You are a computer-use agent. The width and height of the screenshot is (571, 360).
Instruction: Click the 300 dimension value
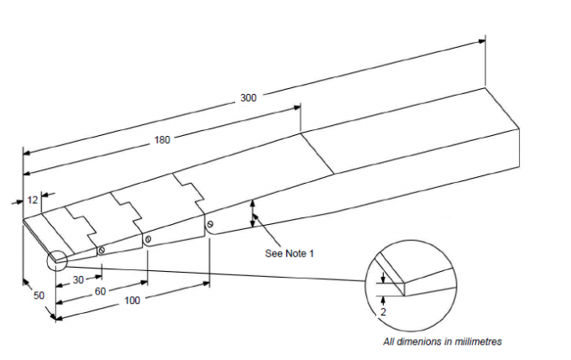pos(248,98)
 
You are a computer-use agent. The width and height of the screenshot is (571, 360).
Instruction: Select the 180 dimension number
pos(161,140)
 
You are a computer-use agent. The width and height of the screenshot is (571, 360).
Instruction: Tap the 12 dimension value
pos(32,201)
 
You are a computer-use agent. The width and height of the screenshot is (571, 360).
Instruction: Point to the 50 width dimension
pos(39,295)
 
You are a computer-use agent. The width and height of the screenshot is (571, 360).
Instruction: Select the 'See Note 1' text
pos(290,253)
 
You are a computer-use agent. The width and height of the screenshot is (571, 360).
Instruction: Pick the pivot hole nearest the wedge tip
pos(101,249)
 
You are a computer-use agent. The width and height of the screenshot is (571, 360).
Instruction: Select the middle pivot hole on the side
pos(148,239)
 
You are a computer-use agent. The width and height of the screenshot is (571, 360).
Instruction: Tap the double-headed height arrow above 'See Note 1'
pos(252,214)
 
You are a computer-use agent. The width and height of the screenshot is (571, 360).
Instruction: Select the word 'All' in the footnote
pos(389,342)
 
